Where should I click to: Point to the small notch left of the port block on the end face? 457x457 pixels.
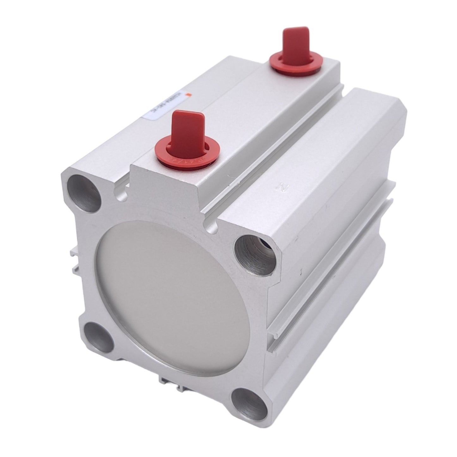(x=122, y=194)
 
